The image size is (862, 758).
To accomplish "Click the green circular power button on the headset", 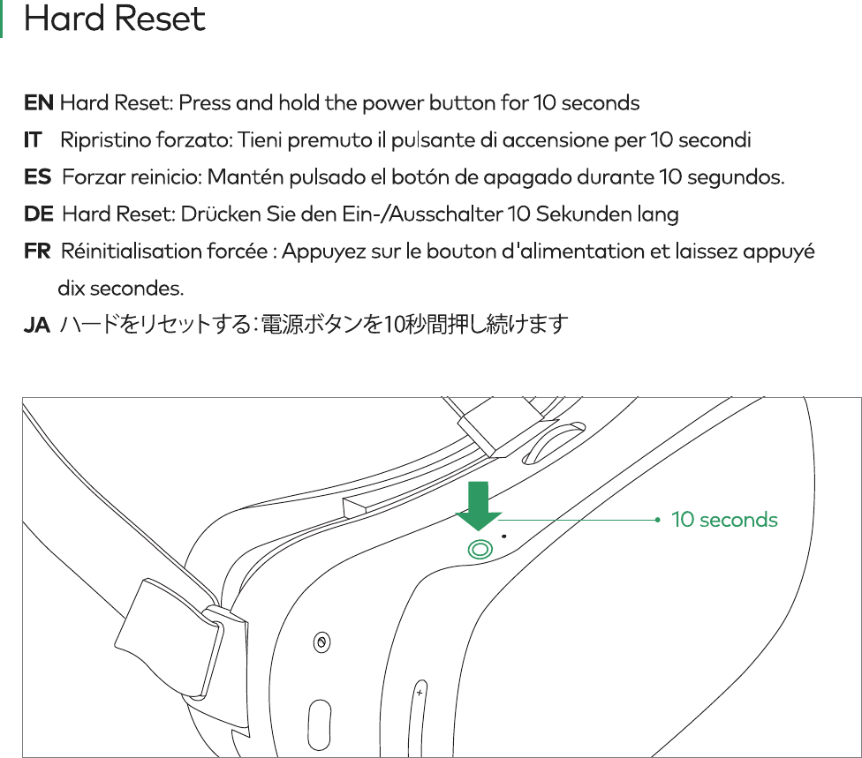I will [x=480, y=549].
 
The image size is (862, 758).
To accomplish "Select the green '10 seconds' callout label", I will [x=724, y=520].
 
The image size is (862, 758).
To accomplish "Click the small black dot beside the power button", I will [x=504, y=534].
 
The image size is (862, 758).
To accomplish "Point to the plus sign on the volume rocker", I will [x=419, y=694].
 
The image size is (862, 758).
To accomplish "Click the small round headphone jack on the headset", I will [x=321, y=642].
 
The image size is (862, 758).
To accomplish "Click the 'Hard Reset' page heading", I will [x=115, y=19].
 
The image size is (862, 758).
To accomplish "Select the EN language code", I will [x=38, y=103].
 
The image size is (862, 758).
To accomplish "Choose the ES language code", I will [x=37, y=177].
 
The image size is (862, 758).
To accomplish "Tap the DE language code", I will [x=39, y=214].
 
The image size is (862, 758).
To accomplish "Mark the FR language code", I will [x=37, y=251].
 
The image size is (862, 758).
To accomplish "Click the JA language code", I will [x=36, y=326].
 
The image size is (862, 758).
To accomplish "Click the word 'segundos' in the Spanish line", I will [x=737, y=177].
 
